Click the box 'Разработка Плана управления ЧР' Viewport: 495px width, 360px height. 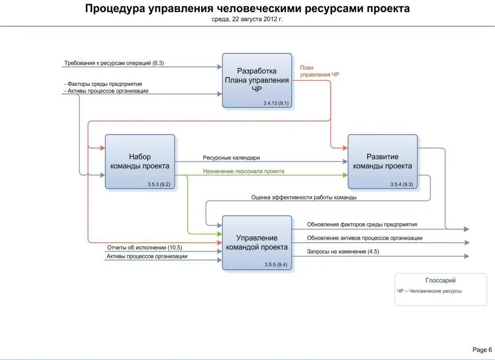coord(257,80)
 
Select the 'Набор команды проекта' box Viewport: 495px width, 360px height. coord(140,161)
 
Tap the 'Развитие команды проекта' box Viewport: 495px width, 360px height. coord(382,161)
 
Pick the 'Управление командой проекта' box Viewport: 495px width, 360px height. coord(257,243)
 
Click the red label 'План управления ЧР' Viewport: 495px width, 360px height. coord(319,71)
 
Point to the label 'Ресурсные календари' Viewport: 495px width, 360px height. coord(231,158)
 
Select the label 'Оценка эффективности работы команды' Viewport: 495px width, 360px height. coord(304,198)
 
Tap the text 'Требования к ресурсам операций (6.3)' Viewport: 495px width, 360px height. coord(114,63)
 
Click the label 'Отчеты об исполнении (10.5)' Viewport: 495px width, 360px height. coord(145,247)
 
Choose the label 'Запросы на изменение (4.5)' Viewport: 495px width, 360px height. coord(343,252)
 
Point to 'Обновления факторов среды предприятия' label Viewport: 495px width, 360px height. coord(362,224)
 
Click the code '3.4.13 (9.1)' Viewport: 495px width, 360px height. coord(276,103)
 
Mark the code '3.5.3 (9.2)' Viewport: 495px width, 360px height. coord(159,184)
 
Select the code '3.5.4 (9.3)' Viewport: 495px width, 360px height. coord(402,184)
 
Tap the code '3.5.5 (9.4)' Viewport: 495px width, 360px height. coord(276,265)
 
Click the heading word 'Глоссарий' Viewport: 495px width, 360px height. coord(441,280)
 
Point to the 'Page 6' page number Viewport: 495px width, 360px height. coord(482,350)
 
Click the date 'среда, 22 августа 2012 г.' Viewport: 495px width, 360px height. coord(247,19)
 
